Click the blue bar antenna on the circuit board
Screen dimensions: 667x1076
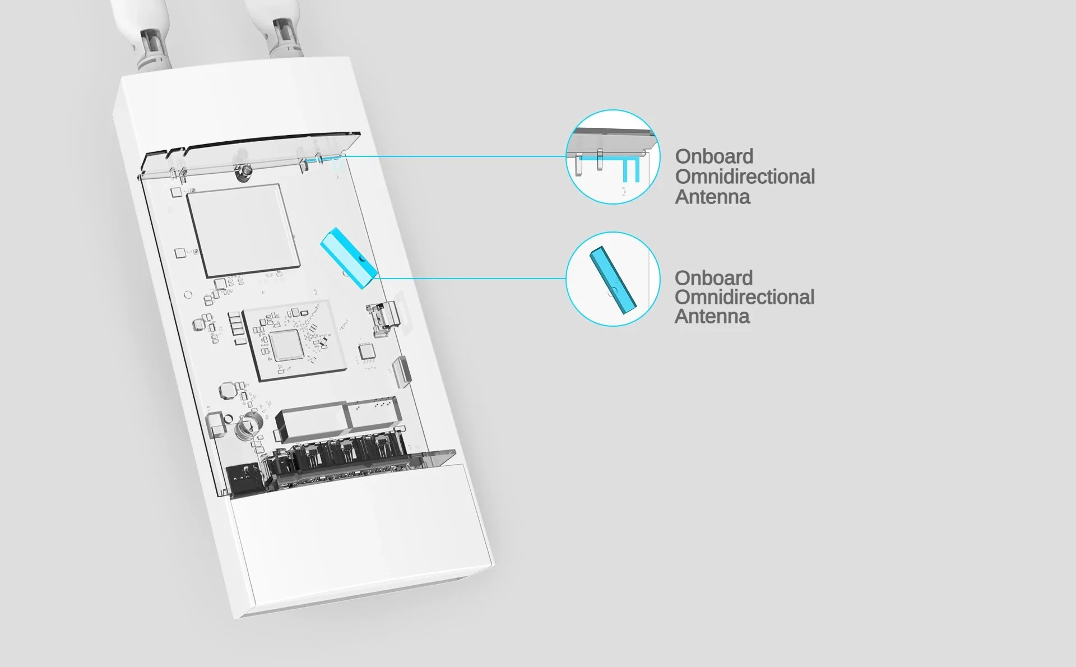[347, 258]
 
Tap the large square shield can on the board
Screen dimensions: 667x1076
[242, 230]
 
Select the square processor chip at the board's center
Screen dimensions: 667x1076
[286, 344]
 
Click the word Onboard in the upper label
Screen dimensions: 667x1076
[714, 156]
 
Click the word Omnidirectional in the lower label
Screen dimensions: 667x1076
[744, 297]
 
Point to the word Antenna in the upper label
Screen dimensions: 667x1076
[712, 197]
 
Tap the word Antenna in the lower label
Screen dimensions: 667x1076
[712, 316]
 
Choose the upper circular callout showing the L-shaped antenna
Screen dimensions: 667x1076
[613, 157]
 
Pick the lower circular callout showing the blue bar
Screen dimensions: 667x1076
[613, 279]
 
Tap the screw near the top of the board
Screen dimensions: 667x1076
[245, 173]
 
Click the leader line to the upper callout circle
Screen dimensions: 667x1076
[454, 156]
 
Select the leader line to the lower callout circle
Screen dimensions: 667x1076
[471, 278]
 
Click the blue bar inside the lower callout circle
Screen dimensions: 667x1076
[613, 279]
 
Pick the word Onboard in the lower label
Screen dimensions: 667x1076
[713, 278]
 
